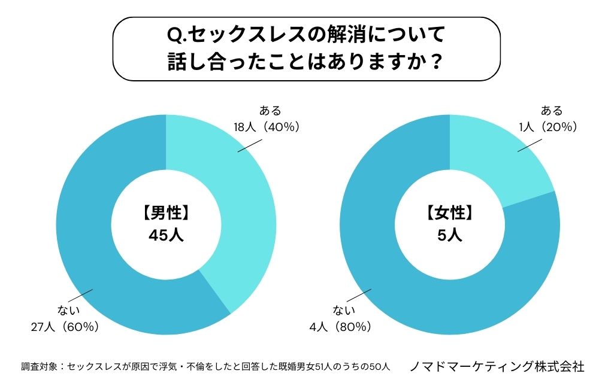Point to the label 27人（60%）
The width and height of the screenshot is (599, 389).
[x=65, y=327]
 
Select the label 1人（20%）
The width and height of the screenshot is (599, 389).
[x=548, y=126]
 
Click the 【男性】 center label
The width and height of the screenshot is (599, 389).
[x=166, y=212]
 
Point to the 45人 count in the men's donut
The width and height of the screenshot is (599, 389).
[x=166, y=235]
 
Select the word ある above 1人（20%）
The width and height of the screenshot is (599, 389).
[x=552, y=111]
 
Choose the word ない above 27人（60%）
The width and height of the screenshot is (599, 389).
[x=68, y=311]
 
